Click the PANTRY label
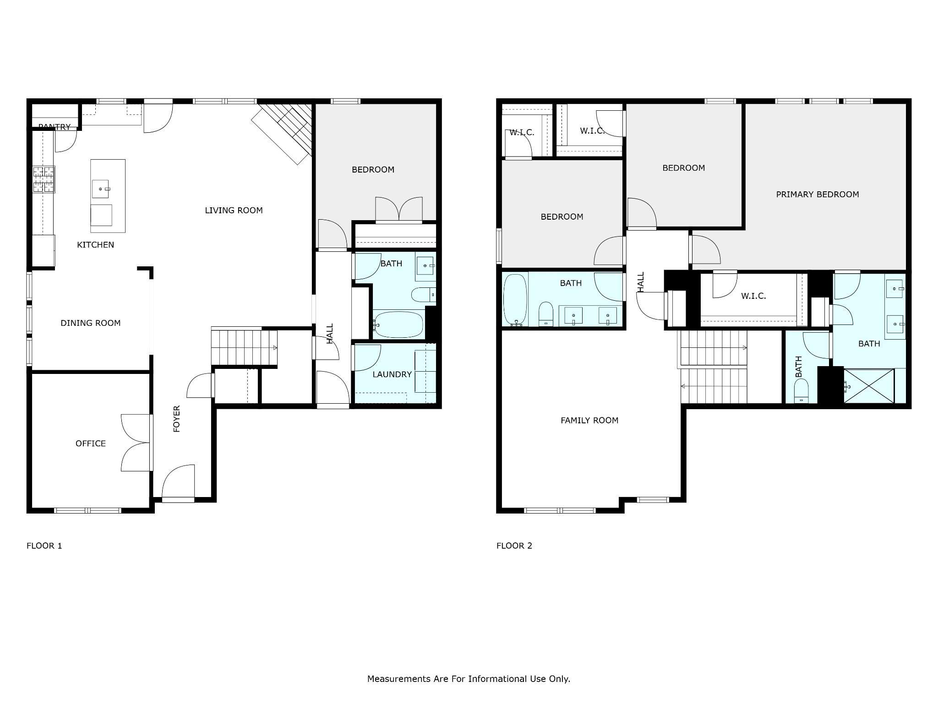tap(55, 127)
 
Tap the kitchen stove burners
tap(44, 179)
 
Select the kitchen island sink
tap(100, 189)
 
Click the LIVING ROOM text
tap(234, 211)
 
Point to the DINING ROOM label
tap(91, 323)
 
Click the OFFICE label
tap(91, 443)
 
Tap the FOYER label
tap(177, 419)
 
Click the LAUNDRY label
tap(392, 374)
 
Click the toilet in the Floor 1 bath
tap(423, 295)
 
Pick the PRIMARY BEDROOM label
tap(818, 195)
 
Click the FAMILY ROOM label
tap(589, 421)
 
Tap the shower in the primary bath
tap(869, 386)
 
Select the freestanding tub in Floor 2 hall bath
tap(515, 300)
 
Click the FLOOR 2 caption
tap(514, 546)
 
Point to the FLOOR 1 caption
tap(44, 546)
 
